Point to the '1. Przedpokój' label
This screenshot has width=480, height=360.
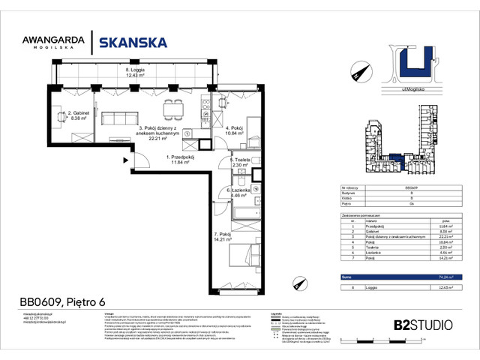coord(180,159)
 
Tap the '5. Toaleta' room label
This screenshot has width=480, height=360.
coord(241,163)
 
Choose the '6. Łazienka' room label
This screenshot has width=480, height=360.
coord(241,194)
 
